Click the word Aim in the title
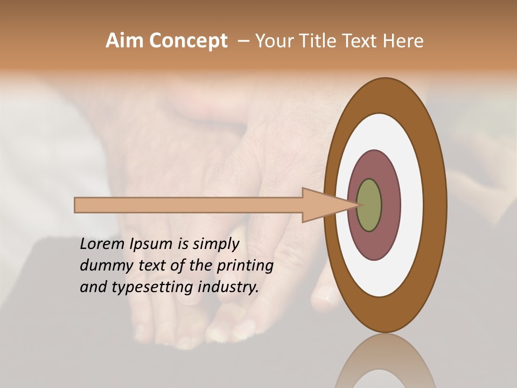point(124,41)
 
